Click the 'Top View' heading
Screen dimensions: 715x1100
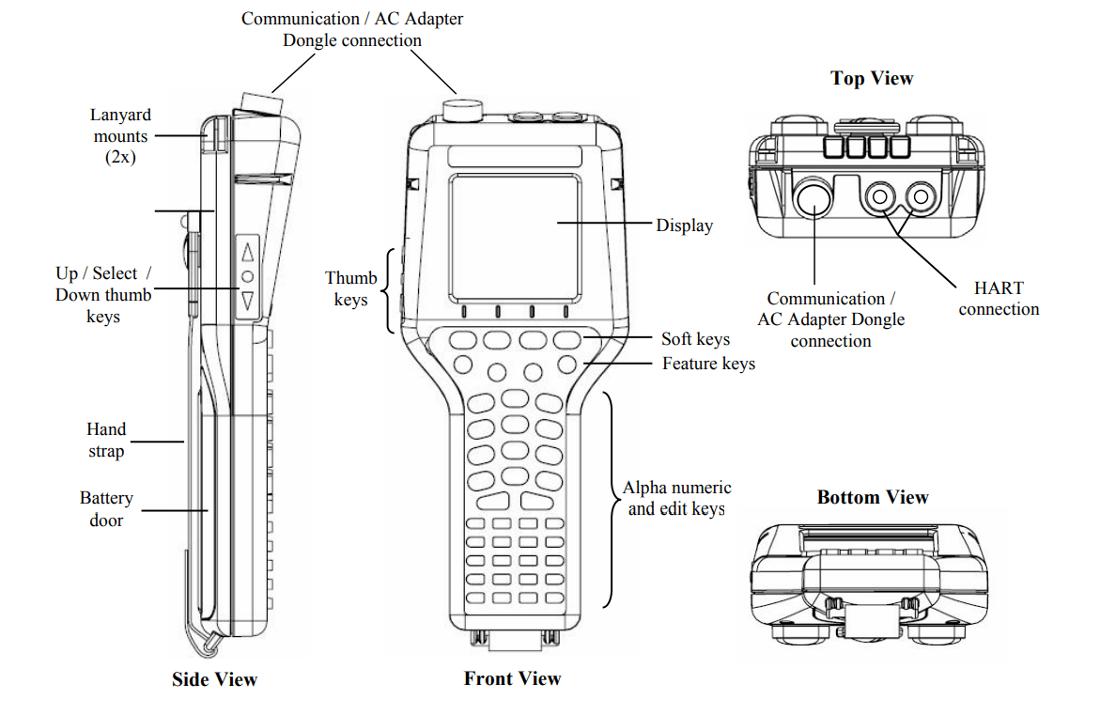coord(872,79)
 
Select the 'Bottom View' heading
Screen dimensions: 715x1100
coord(872,498)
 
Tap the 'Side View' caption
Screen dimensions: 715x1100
coord(214,679)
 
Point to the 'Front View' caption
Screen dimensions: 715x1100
coord(512,678)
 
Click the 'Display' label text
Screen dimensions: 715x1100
coord(684,225)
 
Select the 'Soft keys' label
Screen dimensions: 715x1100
coord(695,339)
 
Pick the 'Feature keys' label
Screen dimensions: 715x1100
coord(708,364)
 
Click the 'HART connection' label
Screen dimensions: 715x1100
coord(999,299)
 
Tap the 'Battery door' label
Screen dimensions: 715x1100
coord(106,509)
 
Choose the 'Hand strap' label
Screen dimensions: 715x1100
coord(106,440)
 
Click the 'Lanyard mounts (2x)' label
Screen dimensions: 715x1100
coord(120,136)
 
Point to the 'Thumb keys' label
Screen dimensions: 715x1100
coord(351,289)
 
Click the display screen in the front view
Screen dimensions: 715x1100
coord(512,235)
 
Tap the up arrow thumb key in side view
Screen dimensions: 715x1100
coord(248,252)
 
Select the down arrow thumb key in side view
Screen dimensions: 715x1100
coord(248,301)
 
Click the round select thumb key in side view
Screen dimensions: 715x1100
coord(248,276)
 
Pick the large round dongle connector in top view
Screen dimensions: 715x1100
coord(814,198)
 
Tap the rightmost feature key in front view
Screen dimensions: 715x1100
coord(566,363)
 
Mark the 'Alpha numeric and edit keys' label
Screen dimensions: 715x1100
coord(676,498)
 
